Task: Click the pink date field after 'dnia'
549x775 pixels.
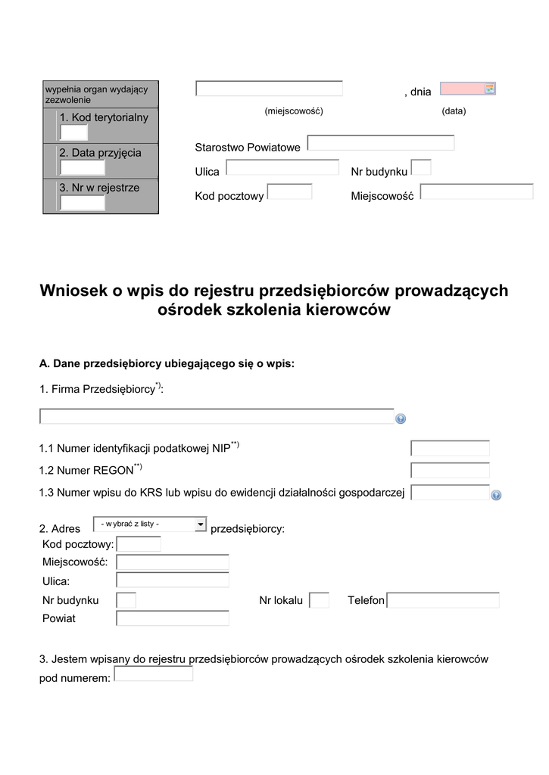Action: pos(461,89)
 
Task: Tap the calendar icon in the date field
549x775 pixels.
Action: pos(489,89)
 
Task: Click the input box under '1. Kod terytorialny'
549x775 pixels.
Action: pos(73,133)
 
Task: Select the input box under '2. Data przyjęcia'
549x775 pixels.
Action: pos(82,168)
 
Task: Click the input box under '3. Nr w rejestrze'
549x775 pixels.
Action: pos(82,203)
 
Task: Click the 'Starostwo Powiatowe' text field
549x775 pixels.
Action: pos(380,143)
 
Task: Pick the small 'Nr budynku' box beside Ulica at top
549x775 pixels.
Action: pos(421,167)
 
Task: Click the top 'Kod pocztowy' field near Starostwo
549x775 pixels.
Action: pos(289,191)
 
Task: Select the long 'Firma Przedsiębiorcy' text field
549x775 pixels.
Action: pos(217,416)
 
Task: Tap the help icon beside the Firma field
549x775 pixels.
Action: pos(401,419)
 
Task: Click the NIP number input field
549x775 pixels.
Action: pos(450,448)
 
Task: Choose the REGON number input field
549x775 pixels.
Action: pos(450,471)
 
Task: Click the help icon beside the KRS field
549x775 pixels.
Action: pos(496,495)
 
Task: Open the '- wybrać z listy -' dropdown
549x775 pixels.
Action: pos(149,524)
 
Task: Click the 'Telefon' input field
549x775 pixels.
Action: pos(443,600)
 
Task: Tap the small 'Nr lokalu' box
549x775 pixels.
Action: pos(320,600)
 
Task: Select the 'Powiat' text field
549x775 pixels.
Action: pos(172,618)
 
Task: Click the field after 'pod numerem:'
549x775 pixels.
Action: pos(153,674)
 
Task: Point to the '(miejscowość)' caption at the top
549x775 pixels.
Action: pos(294,111)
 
